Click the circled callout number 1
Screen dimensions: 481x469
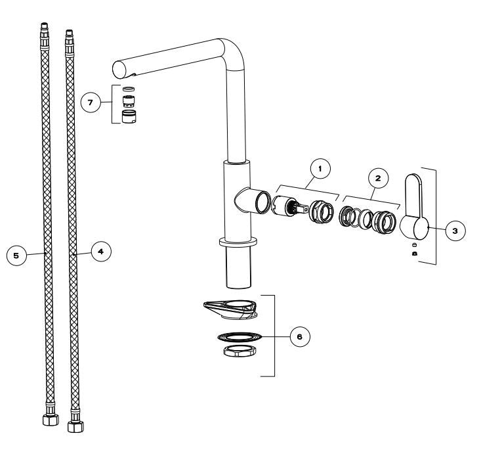(320, 169)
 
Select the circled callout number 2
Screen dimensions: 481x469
(378, 178)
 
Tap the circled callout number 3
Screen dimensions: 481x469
(455, 231)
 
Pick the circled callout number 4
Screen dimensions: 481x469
(101, 252)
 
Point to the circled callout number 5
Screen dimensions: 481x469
(16, 256)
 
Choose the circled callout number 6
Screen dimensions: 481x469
(300, 336)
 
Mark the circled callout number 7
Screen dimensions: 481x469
(91, 102)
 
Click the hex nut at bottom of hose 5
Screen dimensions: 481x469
(51, 420)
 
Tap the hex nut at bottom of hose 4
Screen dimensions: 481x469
(75, 426)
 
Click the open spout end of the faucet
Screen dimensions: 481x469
(119, 70)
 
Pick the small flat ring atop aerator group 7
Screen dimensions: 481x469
(129, 89)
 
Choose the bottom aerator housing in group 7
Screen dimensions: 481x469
(129, 116)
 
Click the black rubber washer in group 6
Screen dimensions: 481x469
(240, 337)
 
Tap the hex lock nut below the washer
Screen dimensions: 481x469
(240, 351)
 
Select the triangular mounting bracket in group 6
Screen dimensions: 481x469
(231, 309)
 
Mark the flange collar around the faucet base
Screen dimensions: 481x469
(238, 242)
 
